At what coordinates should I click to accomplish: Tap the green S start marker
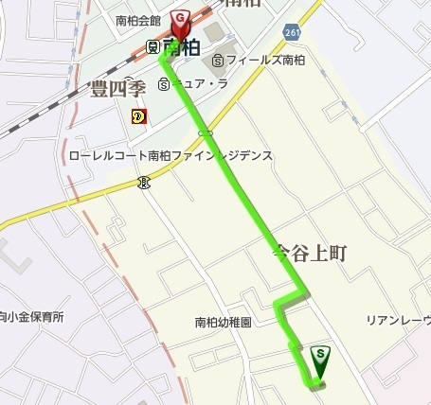pyautogui.click(x=321, y=357)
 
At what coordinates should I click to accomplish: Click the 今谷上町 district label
pyautogui.click(x=312, y=253)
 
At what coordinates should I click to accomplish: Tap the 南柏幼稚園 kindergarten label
pyautogui.click(x=224, y=322)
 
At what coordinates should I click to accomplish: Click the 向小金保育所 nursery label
pyautogui.click(x=31, y=317)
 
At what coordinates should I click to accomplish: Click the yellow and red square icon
pyautogui.click(x=138, y=116)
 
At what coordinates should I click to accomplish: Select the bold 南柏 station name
pyautogui.click(x=180, y=45)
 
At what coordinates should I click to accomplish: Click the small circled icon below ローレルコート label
pyautogui.click(x=142, y=182)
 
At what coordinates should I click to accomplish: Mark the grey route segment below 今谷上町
pyautogui.click(x=290, y=300)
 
